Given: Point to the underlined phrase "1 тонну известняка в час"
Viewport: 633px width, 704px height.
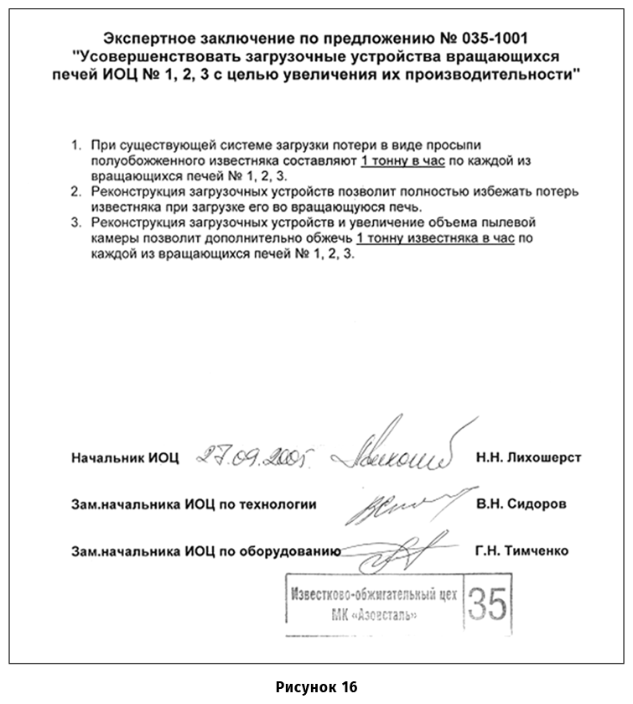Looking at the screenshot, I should click(434, 239).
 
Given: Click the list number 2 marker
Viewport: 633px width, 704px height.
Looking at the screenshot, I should click(75, 192).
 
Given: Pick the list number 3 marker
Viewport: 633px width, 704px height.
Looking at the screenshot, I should click(75, 224).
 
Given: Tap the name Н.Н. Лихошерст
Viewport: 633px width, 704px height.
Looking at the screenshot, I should click(528, 458).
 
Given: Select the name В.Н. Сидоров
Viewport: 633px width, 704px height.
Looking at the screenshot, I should click(521, 504).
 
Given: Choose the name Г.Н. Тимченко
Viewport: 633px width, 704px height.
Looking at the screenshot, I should click(521, 550).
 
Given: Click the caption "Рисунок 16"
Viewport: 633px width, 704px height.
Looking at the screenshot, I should click(316, 686).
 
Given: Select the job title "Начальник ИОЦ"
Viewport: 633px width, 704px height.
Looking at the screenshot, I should click(126, 458).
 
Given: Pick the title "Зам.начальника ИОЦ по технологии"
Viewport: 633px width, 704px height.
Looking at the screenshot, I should click(194, 504).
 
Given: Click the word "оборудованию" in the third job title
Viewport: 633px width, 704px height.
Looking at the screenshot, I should click(294, 551).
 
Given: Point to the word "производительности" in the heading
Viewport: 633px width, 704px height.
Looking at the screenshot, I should click(500, 75).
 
